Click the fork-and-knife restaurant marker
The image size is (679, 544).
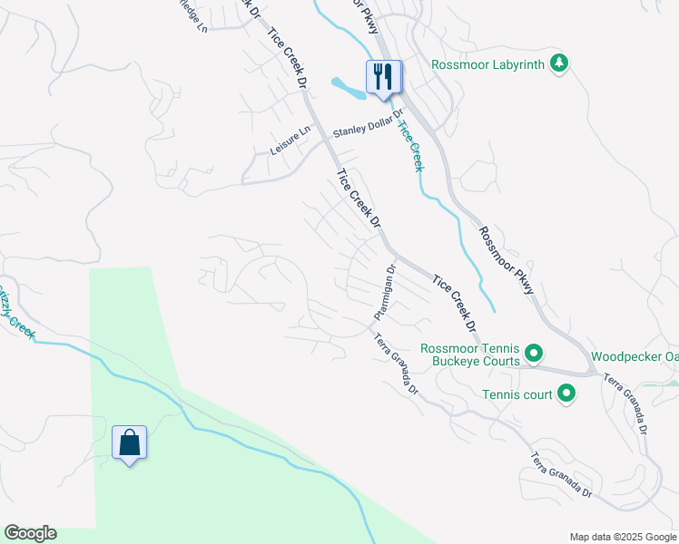383,78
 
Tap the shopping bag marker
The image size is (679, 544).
130,443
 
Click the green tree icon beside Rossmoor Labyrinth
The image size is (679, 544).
560,63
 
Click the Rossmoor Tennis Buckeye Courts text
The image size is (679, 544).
469,355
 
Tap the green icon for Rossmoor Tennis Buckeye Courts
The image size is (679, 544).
535,354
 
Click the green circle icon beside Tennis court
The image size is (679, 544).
567,393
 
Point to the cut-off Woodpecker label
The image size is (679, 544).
635,356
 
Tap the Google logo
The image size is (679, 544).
30,533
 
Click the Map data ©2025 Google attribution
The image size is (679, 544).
622,537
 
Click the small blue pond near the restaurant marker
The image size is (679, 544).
346,88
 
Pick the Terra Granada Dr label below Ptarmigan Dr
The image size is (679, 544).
396,364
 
